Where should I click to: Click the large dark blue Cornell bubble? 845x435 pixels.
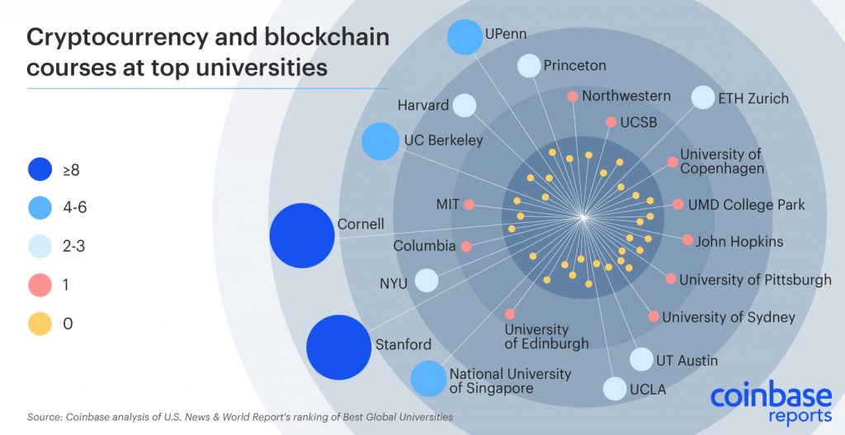[302, 236]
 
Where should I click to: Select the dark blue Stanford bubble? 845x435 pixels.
[339, 348]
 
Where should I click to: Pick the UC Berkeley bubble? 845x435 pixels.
[380, 141]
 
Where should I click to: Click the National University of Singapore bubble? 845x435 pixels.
[428, 379]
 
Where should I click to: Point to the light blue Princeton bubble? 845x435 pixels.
[529, 65]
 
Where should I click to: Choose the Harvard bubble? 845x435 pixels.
[465, 106]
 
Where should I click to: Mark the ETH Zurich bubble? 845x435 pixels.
[702, 98]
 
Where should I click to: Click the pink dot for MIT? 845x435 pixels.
[469, 204]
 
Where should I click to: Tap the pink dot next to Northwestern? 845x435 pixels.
[572, 97]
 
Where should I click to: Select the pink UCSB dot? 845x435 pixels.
[611, 122]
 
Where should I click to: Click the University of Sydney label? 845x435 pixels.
[728, 317]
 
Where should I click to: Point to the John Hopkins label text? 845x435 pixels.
[739, 242]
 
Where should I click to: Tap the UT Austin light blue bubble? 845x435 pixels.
[641, 360]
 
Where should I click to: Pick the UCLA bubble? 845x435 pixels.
[615, 388]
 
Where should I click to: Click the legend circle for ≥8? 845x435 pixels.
[38, 170]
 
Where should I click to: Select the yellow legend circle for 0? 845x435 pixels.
[38, 324]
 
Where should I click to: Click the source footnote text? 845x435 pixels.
[239, 417]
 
